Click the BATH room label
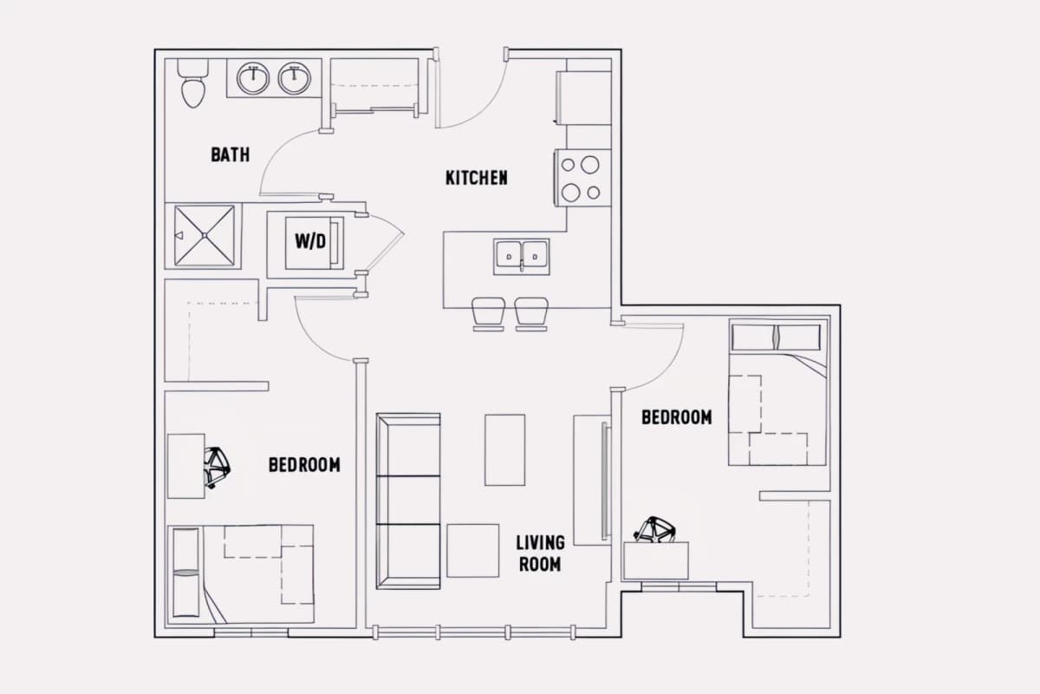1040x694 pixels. (231, 154)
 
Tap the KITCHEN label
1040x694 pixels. (477, 178)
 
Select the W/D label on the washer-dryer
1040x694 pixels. (310, 241)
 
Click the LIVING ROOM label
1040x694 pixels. (540, 553)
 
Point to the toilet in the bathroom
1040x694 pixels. (193, 83)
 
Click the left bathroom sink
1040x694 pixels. (253, 79)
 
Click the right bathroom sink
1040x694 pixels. (295, 79)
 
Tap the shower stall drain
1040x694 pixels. (205, 236)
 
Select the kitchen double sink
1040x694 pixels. (522, 257)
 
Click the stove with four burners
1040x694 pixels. (582, 178)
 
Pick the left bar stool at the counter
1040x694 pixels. (488, 314)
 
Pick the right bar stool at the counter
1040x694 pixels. (531, 314)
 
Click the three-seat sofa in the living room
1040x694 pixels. (408, 501)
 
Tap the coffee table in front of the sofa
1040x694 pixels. (504, 450)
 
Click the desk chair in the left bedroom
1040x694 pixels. (218, 468)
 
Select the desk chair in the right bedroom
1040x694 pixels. (654, 529)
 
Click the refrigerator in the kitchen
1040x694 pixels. (583, 98)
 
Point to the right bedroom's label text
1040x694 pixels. (677, 417)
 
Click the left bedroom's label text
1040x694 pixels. (304, 465)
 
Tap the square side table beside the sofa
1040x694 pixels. (472, 551)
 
